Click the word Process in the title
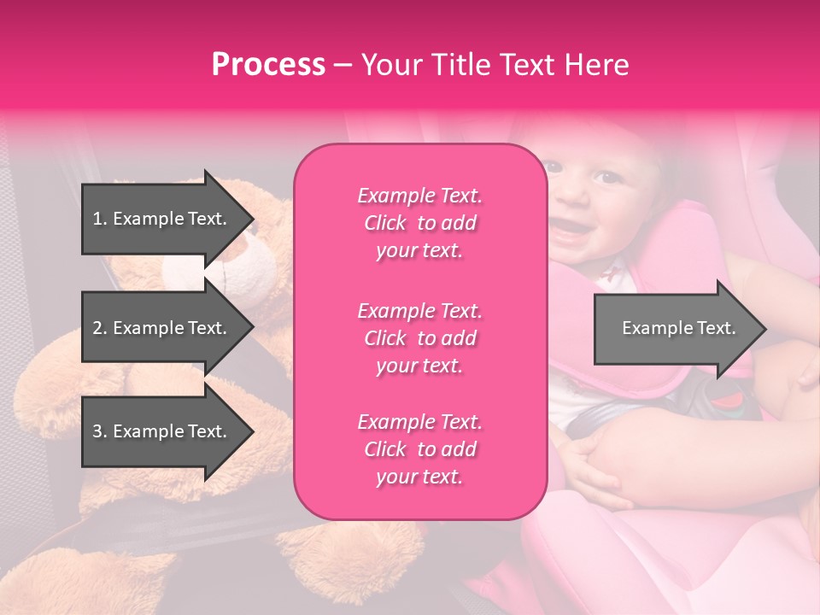pos(268,65)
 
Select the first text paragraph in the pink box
pos(419,223)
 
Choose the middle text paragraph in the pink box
pos(419,338)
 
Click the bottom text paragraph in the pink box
pos(419,449)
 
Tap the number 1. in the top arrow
pos(100,219)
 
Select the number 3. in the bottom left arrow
pos(100,431)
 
